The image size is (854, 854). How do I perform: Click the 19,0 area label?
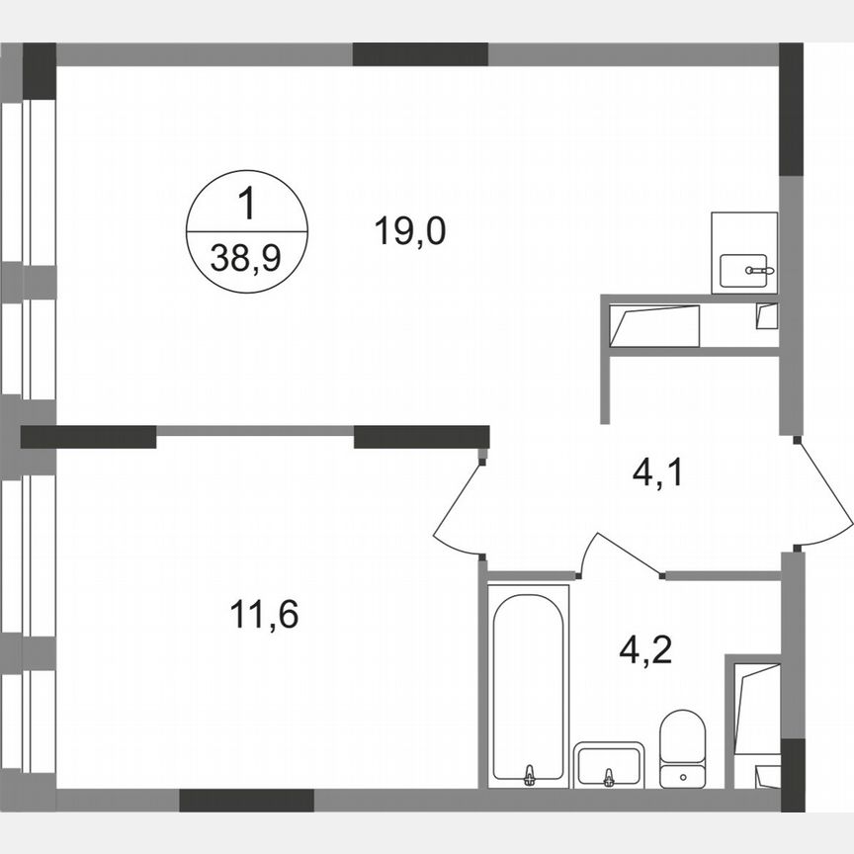tap(410, 233)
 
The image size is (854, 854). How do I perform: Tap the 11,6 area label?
tap(263, 615)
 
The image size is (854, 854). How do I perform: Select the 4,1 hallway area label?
tap(658, 476)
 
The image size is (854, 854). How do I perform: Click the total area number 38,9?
tap(246, 259)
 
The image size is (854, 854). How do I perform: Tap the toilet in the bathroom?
tap(682, 739)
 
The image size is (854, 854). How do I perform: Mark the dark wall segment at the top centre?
tap(421, 54)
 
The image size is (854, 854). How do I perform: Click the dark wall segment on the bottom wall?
tap(246, 800)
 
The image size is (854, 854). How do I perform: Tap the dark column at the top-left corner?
tap(40, 71)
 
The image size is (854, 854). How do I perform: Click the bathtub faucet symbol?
tap(530, 774)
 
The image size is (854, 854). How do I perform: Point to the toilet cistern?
tap(682, 775)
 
